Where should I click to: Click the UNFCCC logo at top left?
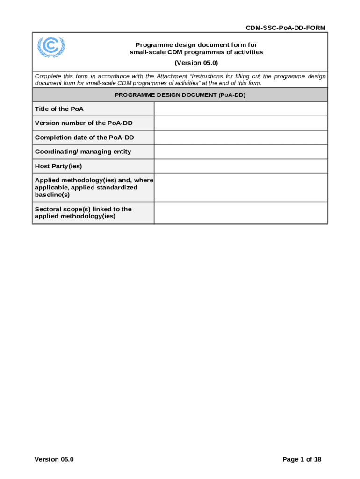click(x=51, y=47)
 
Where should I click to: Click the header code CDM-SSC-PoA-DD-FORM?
click(x=286, y=28)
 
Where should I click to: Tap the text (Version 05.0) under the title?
click(x=196, y=63)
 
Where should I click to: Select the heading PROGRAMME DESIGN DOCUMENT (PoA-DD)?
click(x=180, y=95)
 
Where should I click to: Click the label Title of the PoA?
click(x=59, y=109)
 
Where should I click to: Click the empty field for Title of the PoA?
click(x=240, y=109)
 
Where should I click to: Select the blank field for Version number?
click(x=240, y=123)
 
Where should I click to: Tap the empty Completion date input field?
click(x=240, y=138)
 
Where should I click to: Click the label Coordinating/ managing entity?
click(x=83, y=152)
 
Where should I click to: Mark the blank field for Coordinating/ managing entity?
click(x=240, y=152)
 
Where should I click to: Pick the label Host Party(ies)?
click(x=58, y=166)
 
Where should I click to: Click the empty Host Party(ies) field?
click(x=240, y=166)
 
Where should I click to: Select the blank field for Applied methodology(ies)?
click(x=240, y=188)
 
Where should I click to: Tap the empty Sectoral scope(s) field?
click(x=240, y=213)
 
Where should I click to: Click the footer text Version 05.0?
click(x=54, y=459)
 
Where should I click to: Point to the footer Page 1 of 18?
click(x=302, y=459)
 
